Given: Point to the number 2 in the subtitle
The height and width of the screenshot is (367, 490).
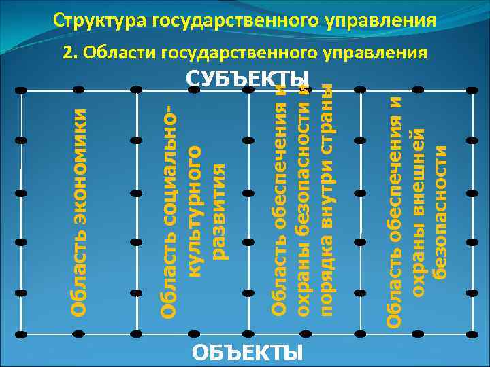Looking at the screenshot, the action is coord(67,52).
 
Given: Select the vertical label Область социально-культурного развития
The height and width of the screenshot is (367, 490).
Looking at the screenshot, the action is coord(195,211).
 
